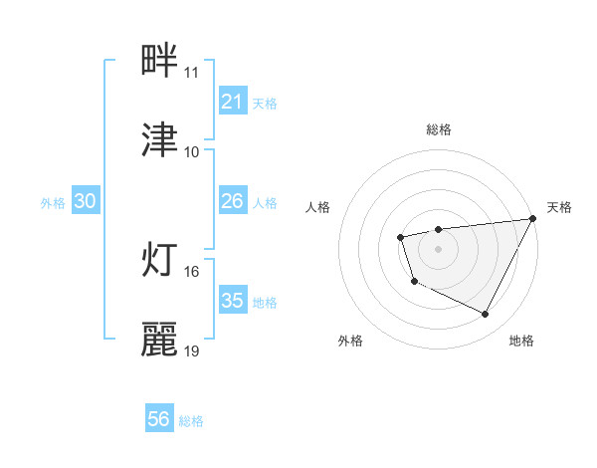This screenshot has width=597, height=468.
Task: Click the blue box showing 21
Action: tap(232, 102)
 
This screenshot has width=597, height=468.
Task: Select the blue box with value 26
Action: tap(232, 201)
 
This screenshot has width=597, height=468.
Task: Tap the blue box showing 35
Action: tap(232, 301)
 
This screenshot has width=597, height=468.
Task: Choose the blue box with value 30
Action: tap(86, 201)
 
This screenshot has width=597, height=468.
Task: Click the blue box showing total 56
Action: tap(159, 420)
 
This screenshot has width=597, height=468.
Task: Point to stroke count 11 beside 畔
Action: tap(192, 73)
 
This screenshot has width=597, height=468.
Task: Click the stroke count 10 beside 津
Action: tap(192, 152)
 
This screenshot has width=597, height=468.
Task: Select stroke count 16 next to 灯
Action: tap(192, 272)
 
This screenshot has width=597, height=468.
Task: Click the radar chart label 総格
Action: tap(439, 129)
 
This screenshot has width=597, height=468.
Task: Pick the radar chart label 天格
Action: tap(559, 207)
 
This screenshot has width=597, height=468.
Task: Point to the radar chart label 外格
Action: tap(350, 341)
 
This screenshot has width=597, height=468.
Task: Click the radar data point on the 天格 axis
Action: tap(534, 218)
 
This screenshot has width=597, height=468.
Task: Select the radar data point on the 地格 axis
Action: tap(486, 315)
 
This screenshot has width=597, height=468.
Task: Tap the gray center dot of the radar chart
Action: tap(439, 248)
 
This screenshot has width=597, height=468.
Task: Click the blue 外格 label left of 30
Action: tap(53, 202)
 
